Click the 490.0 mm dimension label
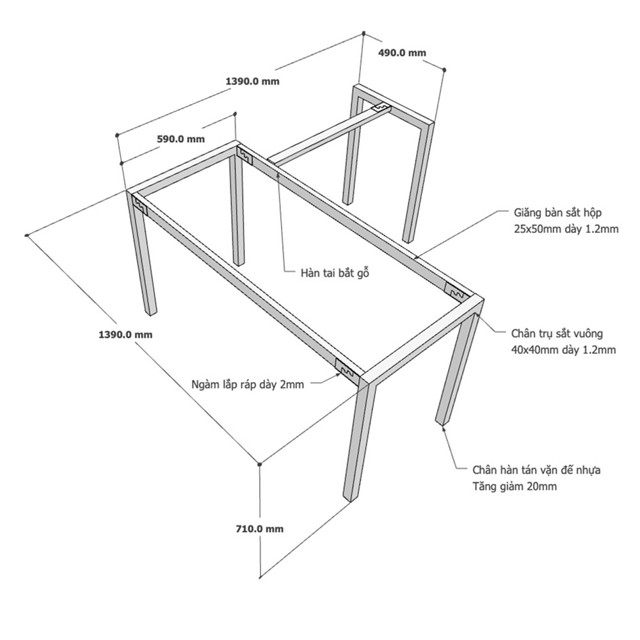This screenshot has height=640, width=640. tap(403, 53)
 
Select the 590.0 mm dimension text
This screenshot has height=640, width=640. tap(181, 138)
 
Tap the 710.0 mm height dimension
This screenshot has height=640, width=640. tap(259, 529)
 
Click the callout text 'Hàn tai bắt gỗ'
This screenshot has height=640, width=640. tap(336, 273)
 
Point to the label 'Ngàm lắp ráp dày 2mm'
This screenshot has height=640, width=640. tap(248, 384)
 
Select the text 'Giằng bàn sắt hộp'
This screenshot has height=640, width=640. tap(557, 211)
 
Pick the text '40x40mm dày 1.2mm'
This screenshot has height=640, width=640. tap(564, 349)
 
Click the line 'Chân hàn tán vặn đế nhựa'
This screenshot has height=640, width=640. tap(536, 470)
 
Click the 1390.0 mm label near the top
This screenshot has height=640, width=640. tap(253, 81)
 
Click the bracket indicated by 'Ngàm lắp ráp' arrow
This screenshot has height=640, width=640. tap(348, 370)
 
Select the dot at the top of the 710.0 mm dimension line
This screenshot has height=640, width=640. tap(259, 462)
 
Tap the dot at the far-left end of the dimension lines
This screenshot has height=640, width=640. tap(26, 236)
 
